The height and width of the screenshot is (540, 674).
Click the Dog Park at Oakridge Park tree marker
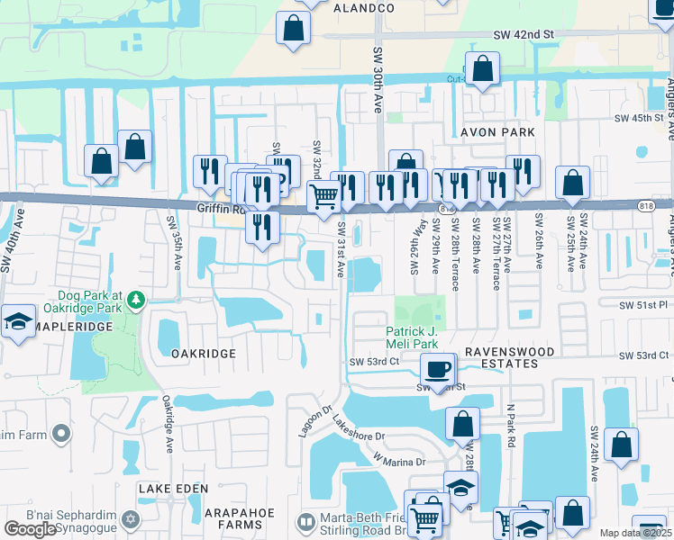click(x=135, y=299)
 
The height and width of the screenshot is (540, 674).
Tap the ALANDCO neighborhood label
click(x=364, y=7)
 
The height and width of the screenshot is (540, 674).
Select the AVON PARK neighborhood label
click(x=497, y=132)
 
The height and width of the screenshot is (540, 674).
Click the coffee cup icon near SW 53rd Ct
click(x=439, y=368)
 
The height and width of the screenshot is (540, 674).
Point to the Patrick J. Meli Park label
click(x=412, y=338)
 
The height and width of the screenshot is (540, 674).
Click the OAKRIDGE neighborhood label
click(x=203, y=354)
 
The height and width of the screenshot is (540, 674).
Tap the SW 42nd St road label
click(x=522, y=34)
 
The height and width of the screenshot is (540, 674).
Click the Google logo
click(x=30, y=529)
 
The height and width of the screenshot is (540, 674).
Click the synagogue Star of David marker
click(x=131, y=521)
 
